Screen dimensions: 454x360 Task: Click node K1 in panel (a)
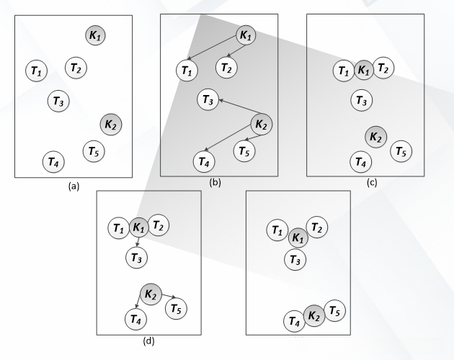95,35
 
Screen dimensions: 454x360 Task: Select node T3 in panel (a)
58,101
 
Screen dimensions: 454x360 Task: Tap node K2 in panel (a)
110,125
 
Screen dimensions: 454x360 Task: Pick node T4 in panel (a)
53,162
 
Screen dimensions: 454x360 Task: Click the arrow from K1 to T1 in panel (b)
213,48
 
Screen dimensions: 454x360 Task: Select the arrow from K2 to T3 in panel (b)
241,107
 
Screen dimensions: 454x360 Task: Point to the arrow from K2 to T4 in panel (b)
228,138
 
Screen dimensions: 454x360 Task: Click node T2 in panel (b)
226,68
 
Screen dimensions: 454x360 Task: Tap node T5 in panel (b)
244,151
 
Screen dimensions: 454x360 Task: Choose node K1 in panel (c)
364,70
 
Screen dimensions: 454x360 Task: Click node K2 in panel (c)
376,137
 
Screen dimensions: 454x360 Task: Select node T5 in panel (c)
401,151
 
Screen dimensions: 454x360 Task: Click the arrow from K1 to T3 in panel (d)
138,242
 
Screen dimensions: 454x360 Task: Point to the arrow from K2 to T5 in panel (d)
169,296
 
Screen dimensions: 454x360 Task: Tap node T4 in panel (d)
135,319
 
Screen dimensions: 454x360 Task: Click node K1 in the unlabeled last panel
298,238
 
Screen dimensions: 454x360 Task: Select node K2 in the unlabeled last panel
314,316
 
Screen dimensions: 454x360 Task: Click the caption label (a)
74,186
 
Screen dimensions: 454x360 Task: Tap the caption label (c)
372,183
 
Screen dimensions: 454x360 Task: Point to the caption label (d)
148,341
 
